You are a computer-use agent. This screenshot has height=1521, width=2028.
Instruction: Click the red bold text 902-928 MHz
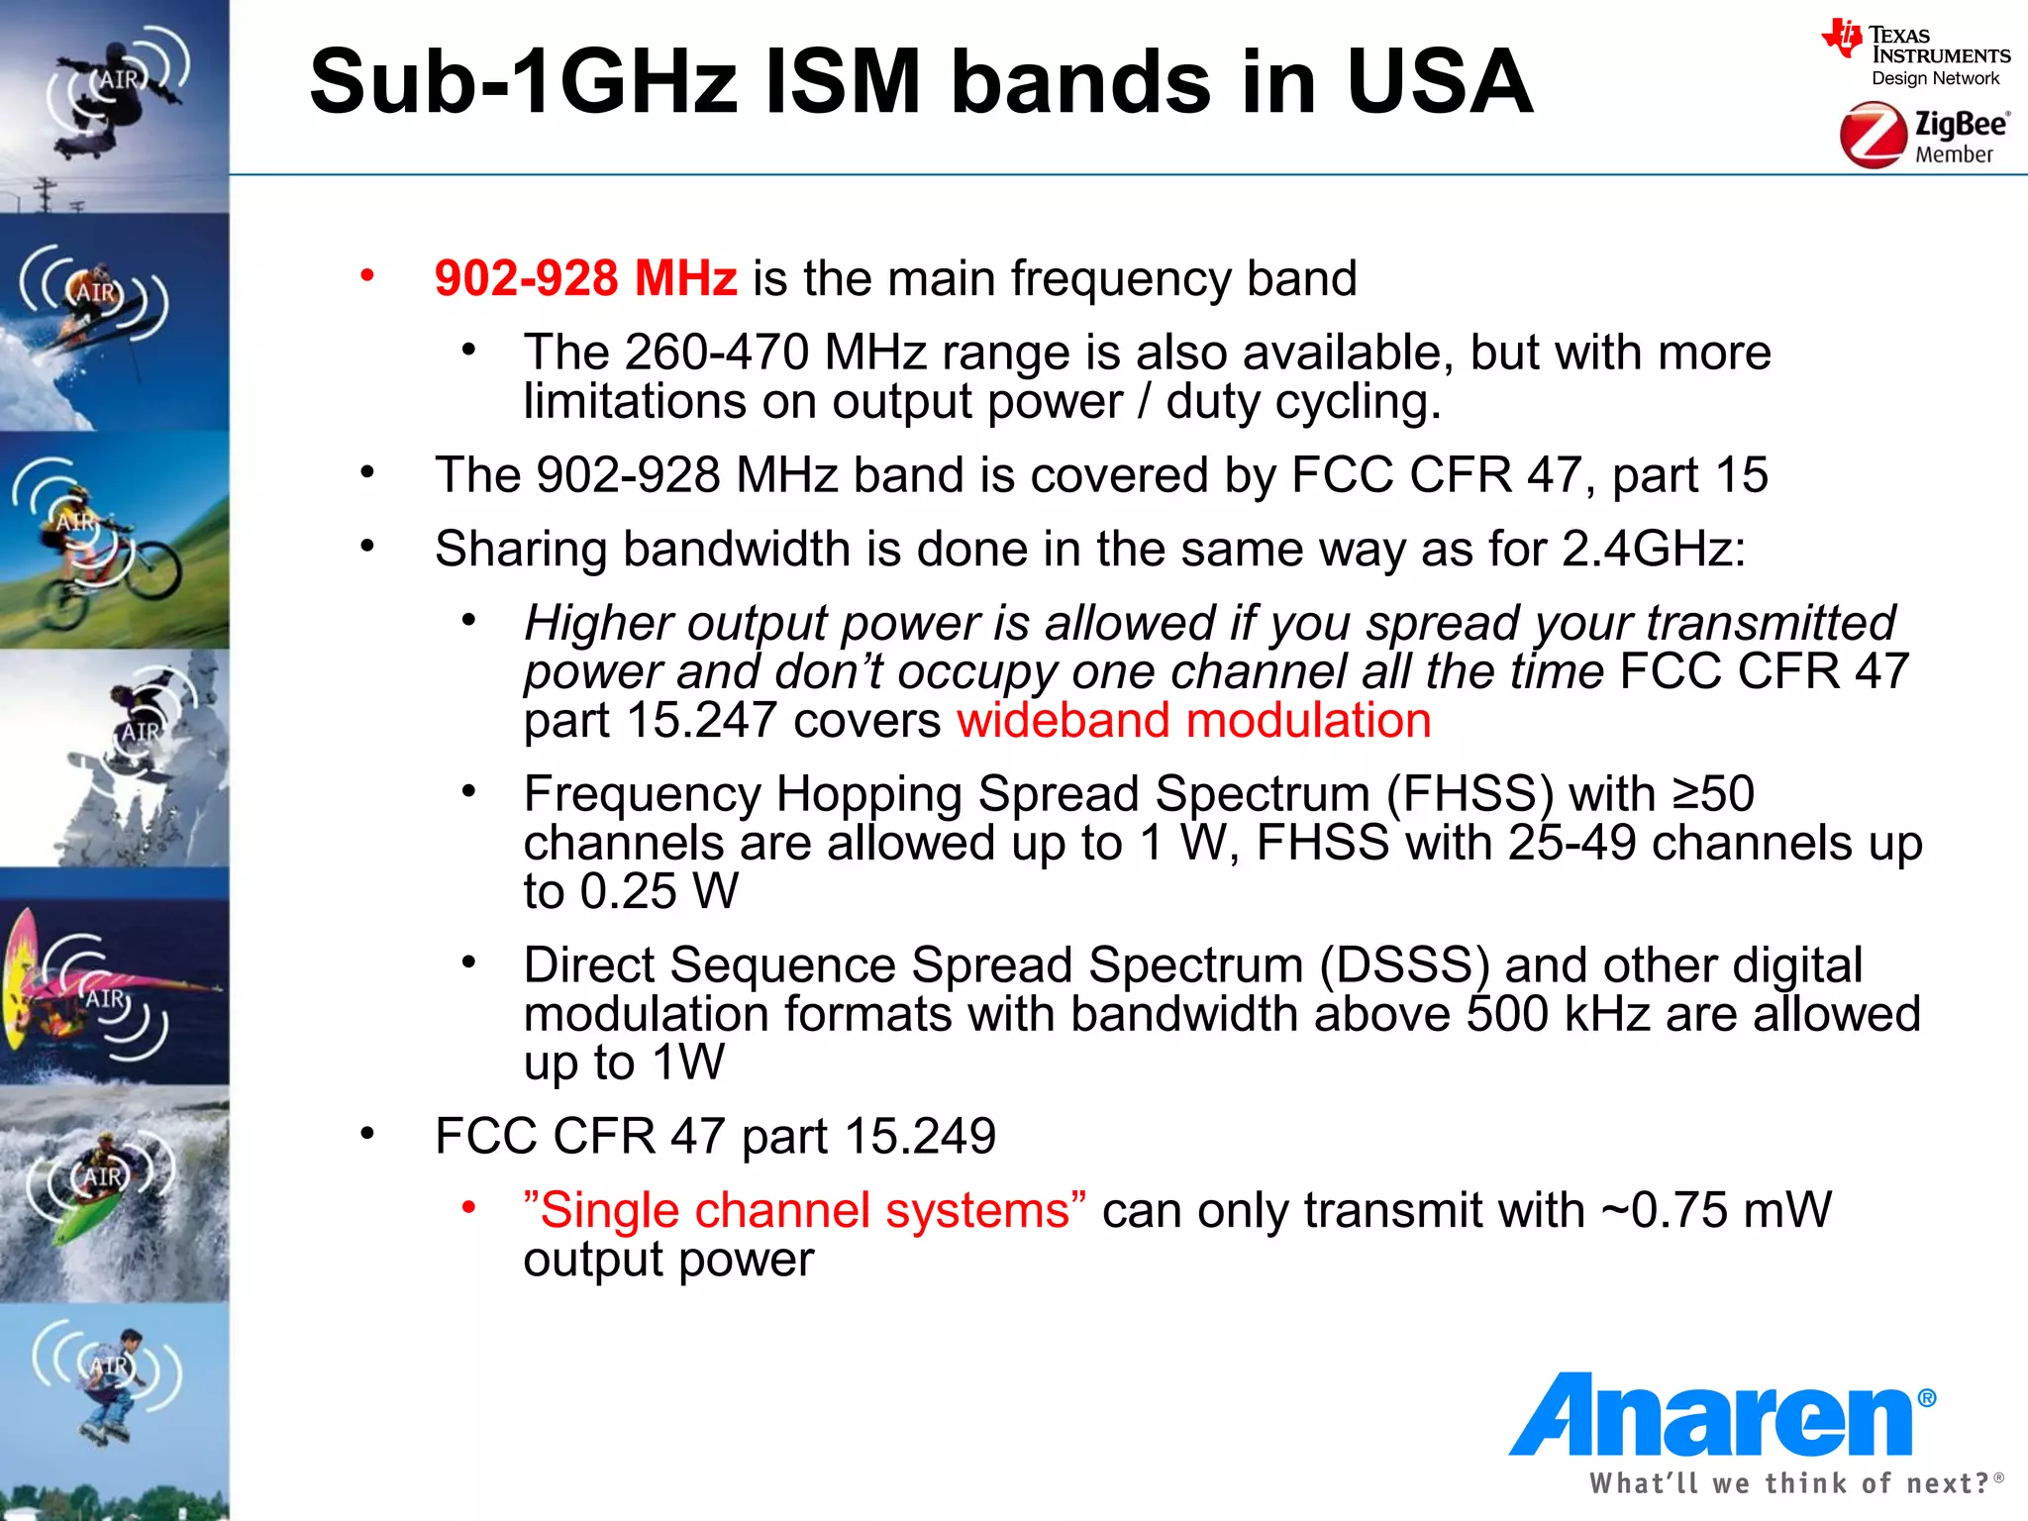click(585, 278)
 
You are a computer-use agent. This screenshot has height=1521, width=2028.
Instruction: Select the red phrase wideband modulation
click(1193, 720)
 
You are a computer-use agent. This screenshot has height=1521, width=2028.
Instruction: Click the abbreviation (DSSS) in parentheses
click(1404, 965)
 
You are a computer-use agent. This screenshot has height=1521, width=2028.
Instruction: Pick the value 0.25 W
click(659, 891)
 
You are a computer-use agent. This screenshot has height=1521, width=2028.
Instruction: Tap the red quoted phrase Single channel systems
click(804, 1210)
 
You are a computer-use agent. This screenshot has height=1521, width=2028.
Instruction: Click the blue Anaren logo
click(1718, 1416)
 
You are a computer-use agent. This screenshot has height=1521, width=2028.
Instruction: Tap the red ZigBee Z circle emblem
click(1872, 137)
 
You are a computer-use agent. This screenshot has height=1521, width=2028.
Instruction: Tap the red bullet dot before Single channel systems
click(469, 1207)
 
